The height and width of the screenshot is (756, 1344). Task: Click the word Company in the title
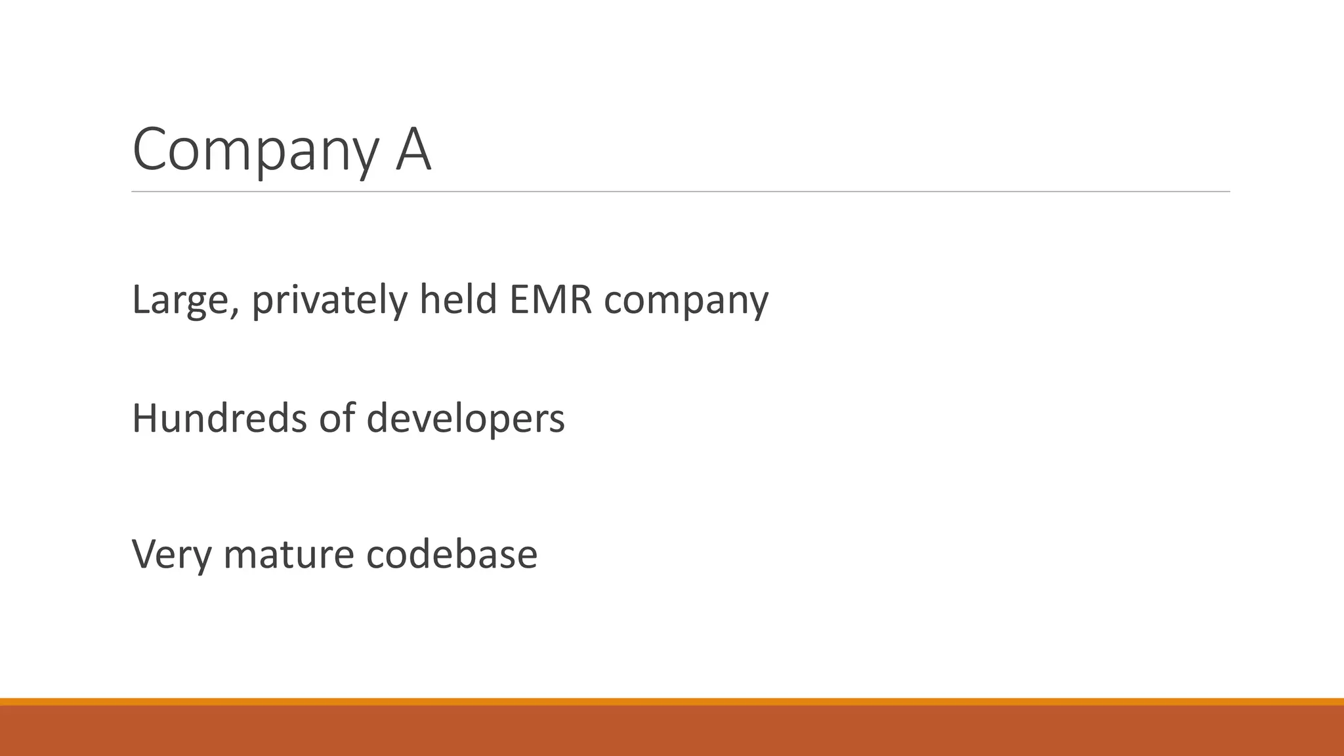pos(255,151)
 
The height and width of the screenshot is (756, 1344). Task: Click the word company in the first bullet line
pos(686,302)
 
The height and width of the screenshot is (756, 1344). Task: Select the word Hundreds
pos(219,418)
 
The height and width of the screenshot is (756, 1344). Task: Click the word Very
pos(172,555)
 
